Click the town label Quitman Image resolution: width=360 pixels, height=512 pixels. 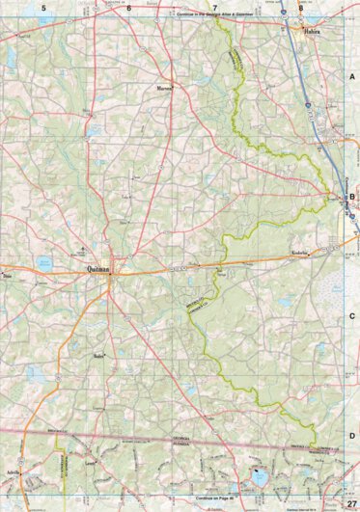coord(99,270)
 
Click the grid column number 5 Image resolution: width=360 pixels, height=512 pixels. coord(43,7)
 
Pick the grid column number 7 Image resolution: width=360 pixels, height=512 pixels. coord(201,7)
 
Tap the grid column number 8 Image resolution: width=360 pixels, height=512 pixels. coord(301,7)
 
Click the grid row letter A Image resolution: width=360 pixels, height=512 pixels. coord(352,75)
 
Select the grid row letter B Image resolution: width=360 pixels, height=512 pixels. coord(352,199)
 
